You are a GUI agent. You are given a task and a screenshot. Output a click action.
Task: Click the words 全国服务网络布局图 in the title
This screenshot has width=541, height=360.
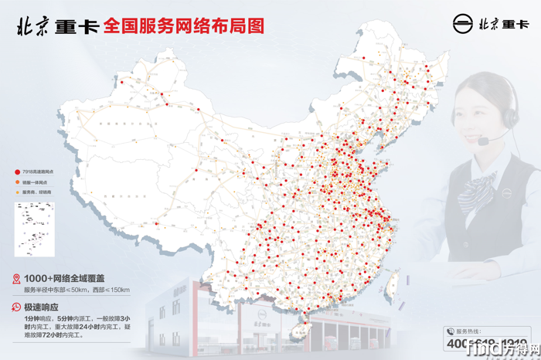click(184, 25)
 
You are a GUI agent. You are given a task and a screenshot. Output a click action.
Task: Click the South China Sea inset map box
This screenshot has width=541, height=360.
click(32, 228)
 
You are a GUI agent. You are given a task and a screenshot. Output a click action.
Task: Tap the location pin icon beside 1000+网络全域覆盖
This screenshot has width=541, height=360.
click(16, 278)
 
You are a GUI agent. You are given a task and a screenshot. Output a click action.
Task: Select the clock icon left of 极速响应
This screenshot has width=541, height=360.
click(16, 307)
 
